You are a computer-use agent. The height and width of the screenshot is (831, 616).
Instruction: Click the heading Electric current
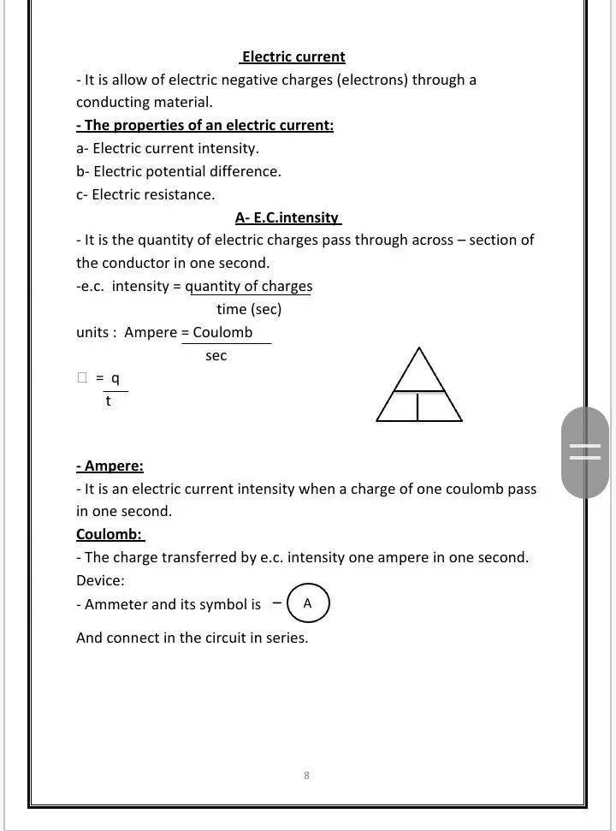click(293, 57)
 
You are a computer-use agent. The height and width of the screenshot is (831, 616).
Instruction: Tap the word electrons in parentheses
click(376, 80)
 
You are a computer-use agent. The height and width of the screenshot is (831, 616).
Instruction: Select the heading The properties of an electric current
click(204, 126)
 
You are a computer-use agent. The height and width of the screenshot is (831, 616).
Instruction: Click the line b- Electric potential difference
click(179, 171)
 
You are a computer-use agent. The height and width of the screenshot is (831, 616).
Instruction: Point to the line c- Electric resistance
click(145, 194)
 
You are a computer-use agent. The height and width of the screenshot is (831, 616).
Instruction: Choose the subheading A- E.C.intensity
click(287, 217)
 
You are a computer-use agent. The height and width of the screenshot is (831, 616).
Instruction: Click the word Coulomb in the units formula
click(222, 332)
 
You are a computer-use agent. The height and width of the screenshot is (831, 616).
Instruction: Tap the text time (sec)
click(249, 309)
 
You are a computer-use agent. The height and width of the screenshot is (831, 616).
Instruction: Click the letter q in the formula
click(115, 378)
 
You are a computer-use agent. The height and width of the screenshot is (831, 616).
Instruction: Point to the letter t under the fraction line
click(108, 401)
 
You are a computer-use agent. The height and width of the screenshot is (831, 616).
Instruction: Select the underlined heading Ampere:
click(110, 466)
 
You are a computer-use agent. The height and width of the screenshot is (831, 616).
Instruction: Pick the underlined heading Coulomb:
click(110, 535)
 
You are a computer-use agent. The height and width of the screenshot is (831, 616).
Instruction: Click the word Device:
click(100, 580)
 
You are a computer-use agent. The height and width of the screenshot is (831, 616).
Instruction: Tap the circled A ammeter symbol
click(308, 603)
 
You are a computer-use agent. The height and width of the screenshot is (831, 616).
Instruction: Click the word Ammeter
click(116, 604)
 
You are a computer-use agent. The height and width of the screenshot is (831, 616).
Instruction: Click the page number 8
click(306, 775)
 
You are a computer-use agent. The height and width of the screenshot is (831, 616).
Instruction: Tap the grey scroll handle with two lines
click(585, 452)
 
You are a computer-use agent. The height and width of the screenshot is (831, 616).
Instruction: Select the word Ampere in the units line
click(151, 332)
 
